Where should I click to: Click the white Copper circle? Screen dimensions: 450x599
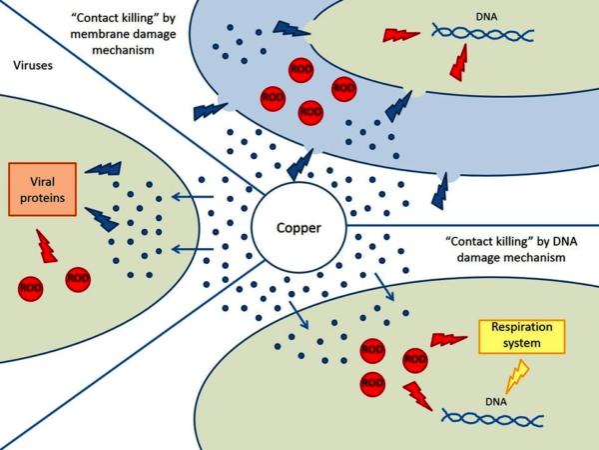[299, 228]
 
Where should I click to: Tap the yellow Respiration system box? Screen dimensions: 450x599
[522, 336]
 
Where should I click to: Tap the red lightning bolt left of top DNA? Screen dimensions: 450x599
[402, 35]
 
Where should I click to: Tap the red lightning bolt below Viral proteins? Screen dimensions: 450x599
[46, 246]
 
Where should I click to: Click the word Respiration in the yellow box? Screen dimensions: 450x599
[522, 328]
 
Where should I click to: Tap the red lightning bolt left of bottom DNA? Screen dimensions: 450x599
[417, 395]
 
